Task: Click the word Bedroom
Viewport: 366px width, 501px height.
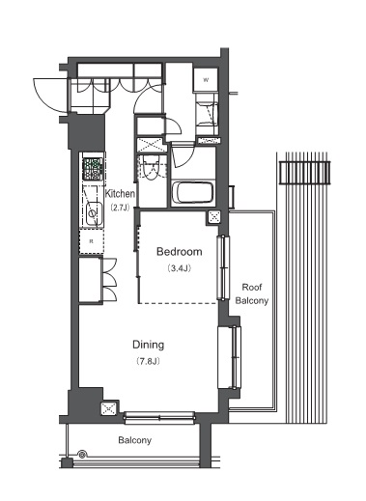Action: click(x=179, y=251)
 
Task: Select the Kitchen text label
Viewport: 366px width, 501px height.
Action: click(x=120, y=193)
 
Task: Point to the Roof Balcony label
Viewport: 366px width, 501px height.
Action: click(x=252, y=293)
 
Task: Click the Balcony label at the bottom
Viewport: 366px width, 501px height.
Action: click(x=134, y=439)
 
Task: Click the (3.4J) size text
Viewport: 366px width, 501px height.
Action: click(x=179, y=267)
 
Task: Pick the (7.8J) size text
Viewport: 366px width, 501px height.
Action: click(x=148, y=361)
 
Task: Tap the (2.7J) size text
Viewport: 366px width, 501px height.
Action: click(x=120, y=208)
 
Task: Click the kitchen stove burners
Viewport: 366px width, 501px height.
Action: click(x=94, y=171)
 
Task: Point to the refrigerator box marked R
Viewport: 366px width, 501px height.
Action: click(x=93, y=240)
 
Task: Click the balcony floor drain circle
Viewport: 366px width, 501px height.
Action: click(x=83, y=454)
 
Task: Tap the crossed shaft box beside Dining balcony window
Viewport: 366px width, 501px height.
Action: click(x=108, y=409)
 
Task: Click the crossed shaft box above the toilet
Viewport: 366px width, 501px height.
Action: click(x=150, y=144)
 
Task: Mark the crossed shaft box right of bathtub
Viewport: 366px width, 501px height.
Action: click(x=215, y=217)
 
